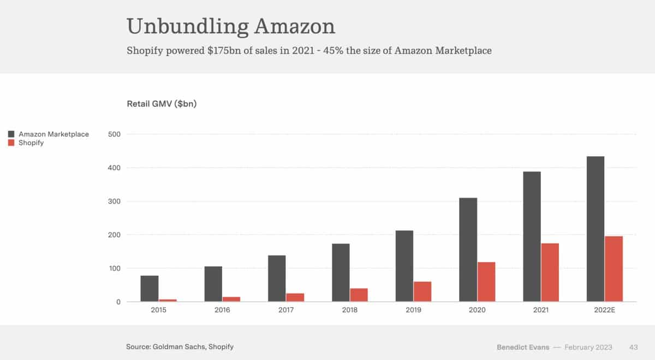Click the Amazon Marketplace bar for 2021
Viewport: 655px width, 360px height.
click(x=532, y=237)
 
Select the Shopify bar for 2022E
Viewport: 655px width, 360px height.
click(x=614, y=269)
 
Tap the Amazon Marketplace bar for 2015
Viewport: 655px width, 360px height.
click(x=150, y=289)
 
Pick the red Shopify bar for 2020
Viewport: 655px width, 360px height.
click(x=486, y=282)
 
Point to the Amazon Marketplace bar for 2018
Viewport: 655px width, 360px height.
click(x=341, y=273)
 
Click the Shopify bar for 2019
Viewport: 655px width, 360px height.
click(x=422, y=291)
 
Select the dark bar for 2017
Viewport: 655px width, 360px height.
click(x=277, y=278)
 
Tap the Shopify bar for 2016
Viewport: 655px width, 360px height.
click(x=231, y=299)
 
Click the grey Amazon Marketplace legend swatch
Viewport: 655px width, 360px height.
click(x=11, y=134)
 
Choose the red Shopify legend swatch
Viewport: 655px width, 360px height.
click(x=11, y=143)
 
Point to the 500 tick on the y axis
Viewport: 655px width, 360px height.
click(x=114, y=134)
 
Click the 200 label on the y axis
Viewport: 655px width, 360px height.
click(x=114, y=235)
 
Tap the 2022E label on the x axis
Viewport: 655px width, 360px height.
click(x=604, y=310)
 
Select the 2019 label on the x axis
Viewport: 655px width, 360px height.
click(x=413, y=310)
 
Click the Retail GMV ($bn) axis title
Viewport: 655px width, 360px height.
click(x=162, y=104)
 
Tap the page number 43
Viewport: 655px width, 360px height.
click(x=634, y=347)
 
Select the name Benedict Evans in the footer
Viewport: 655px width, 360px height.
click(x=522, y=347)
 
